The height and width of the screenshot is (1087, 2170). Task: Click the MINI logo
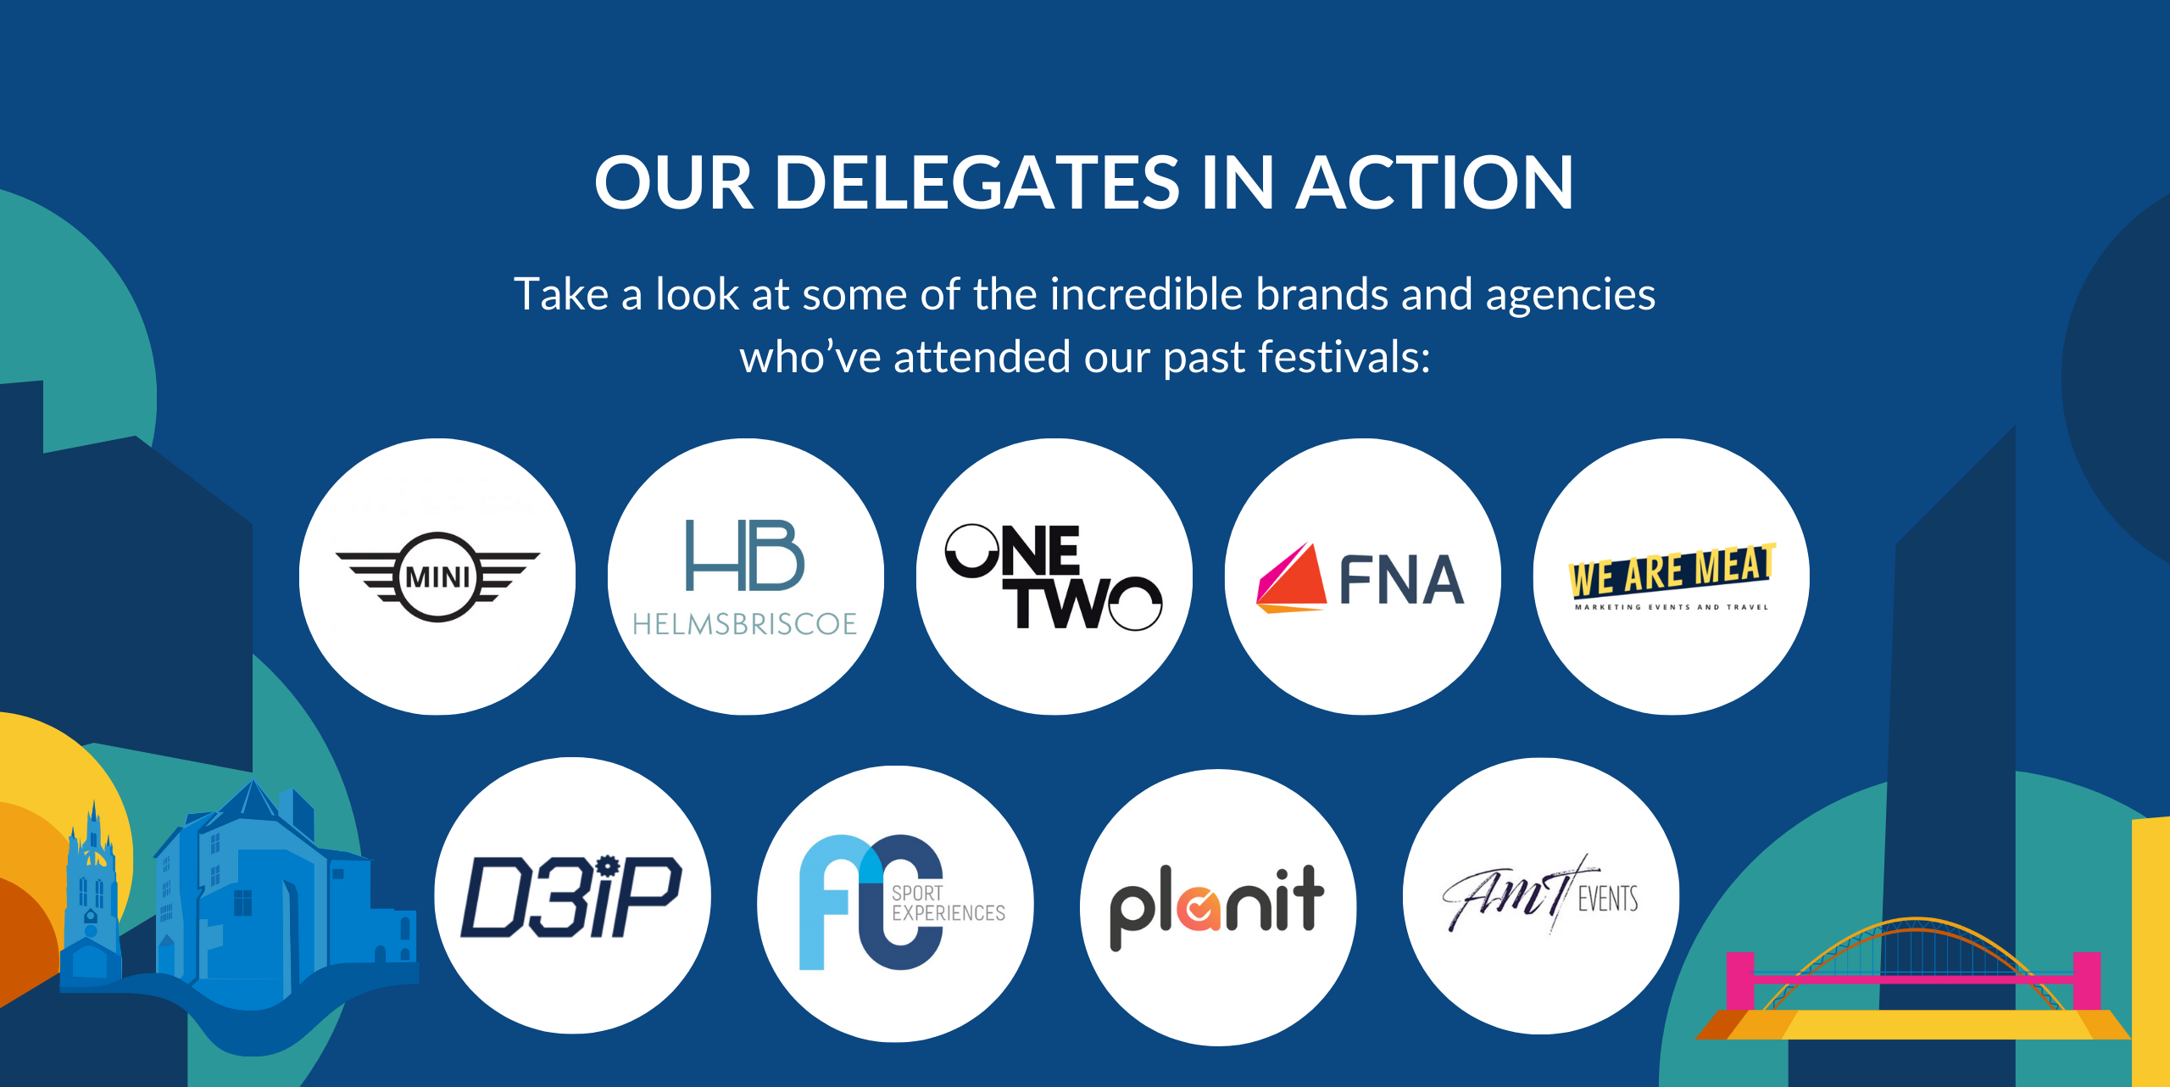tap(437, 577)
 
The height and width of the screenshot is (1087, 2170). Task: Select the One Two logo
tap(1054, 577)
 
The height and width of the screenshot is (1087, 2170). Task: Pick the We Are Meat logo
tap(1672, 577)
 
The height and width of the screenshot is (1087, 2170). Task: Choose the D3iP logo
tap(571, 896)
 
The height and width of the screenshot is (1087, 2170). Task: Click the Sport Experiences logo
tap(902, 902)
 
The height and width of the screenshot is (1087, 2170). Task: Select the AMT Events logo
tap(1540, 895)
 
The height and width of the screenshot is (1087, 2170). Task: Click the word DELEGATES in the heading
tap(977, 182)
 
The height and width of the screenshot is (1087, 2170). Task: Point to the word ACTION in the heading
tap(1435, 182)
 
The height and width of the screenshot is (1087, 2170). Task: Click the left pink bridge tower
tap(1740, 981)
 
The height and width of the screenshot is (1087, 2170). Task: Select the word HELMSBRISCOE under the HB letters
tap(745, 624)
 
